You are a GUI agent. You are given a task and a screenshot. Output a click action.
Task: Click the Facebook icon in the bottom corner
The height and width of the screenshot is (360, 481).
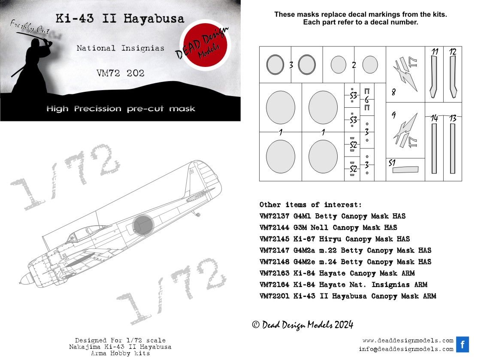point(463,345)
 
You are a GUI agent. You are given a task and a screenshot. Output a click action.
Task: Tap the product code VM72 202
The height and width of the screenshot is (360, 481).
point(120,73)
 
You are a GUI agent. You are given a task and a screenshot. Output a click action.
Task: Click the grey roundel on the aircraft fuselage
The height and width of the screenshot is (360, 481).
point(143,225)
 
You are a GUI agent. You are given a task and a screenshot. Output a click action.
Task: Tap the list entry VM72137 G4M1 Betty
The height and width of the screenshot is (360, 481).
point(332,216)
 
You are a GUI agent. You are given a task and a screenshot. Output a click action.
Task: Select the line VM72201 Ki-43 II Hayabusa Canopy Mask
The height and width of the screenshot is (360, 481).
point(348,296)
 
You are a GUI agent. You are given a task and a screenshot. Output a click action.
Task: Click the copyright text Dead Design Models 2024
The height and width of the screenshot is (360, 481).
point(303,325)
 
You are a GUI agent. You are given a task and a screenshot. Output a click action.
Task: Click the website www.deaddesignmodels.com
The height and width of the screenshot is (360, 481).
point(407,341)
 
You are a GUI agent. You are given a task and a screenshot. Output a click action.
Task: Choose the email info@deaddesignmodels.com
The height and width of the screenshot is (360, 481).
point(406,349)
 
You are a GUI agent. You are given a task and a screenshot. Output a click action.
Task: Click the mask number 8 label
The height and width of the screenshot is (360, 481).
point(393,92)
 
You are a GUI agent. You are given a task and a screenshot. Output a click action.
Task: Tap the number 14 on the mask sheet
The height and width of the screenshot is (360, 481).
point(435,119)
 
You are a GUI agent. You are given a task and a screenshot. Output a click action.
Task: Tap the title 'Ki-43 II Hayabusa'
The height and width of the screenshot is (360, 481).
point(120,19)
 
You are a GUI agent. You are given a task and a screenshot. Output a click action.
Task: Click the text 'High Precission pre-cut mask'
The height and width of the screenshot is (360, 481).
point(121,109)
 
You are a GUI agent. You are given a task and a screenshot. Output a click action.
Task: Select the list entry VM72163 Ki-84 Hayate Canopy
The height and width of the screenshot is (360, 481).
point(337,273)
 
